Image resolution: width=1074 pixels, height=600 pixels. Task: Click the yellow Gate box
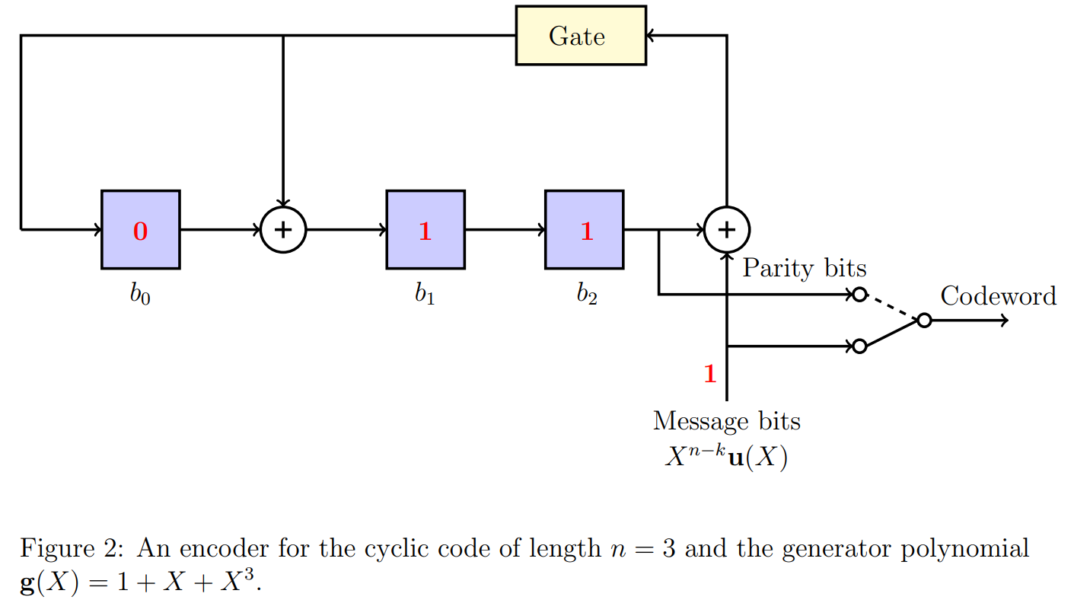point(580,36)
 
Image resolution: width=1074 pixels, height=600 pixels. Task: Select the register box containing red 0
point(141,229)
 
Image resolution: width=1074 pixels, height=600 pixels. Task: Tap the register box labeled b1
point(425,229)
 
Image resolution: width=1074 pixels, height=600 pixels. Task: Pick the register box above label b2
point(584,229)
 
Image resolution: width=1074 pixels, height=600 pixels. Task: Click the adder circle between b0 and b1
point(283,229)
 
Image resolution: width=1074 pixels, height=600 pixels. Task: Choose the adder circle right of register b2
point(727,229)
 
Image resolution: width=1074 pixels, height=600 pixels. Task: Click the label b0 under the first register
point(140,295)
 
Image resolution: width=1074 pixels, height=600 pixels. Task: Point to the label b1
point(425,295)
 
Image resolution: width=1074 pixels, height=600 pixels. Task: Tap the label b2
point(586,295)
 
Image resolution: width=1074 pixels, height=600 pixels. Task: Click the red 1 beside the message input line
point(710,375)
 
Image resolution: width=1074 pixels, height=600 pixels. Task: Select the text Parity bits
point(804,268)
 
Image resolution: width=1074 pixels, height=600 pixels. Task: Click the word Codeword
point(998,295)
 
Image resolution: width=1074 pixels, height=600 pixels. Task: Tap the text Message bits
point(726,420)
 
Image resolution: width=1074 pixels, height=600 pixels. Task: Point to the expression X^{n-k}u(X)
point(726,458)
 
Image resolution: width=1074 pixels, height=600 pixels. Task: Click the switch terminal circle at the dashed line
point(859,295)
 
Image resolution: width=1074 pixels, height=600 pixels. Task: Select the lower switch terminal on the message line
point(859,346)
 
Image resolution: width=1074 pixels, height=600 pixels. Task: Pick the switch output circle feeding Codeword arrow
point(924,321)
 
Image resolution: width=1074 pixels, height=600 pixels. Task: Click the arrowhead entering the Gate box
point(652,35)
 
